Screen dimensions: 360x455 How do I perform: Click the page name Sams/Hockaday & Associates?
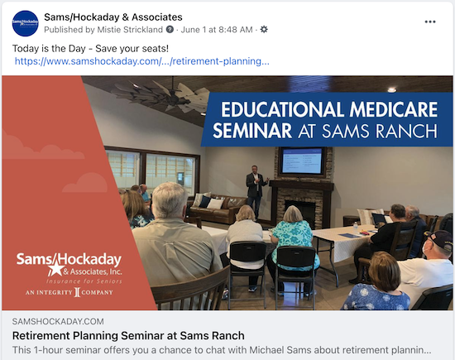[x=113, y=17]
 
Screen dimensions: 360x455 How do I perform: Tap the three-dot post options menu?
[x=429, y=22]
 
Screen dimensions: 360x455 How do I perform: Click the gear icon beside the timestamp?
[x=264, y=30]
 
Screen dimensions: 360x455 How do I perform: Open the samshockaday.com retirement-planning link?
[x=141, y=61]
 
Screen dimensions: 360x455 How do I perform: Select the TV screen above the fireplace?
[x=301, y=161]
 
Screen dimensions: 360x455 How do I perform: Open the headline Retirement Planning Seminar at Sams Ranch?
[x=128, y=335]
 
